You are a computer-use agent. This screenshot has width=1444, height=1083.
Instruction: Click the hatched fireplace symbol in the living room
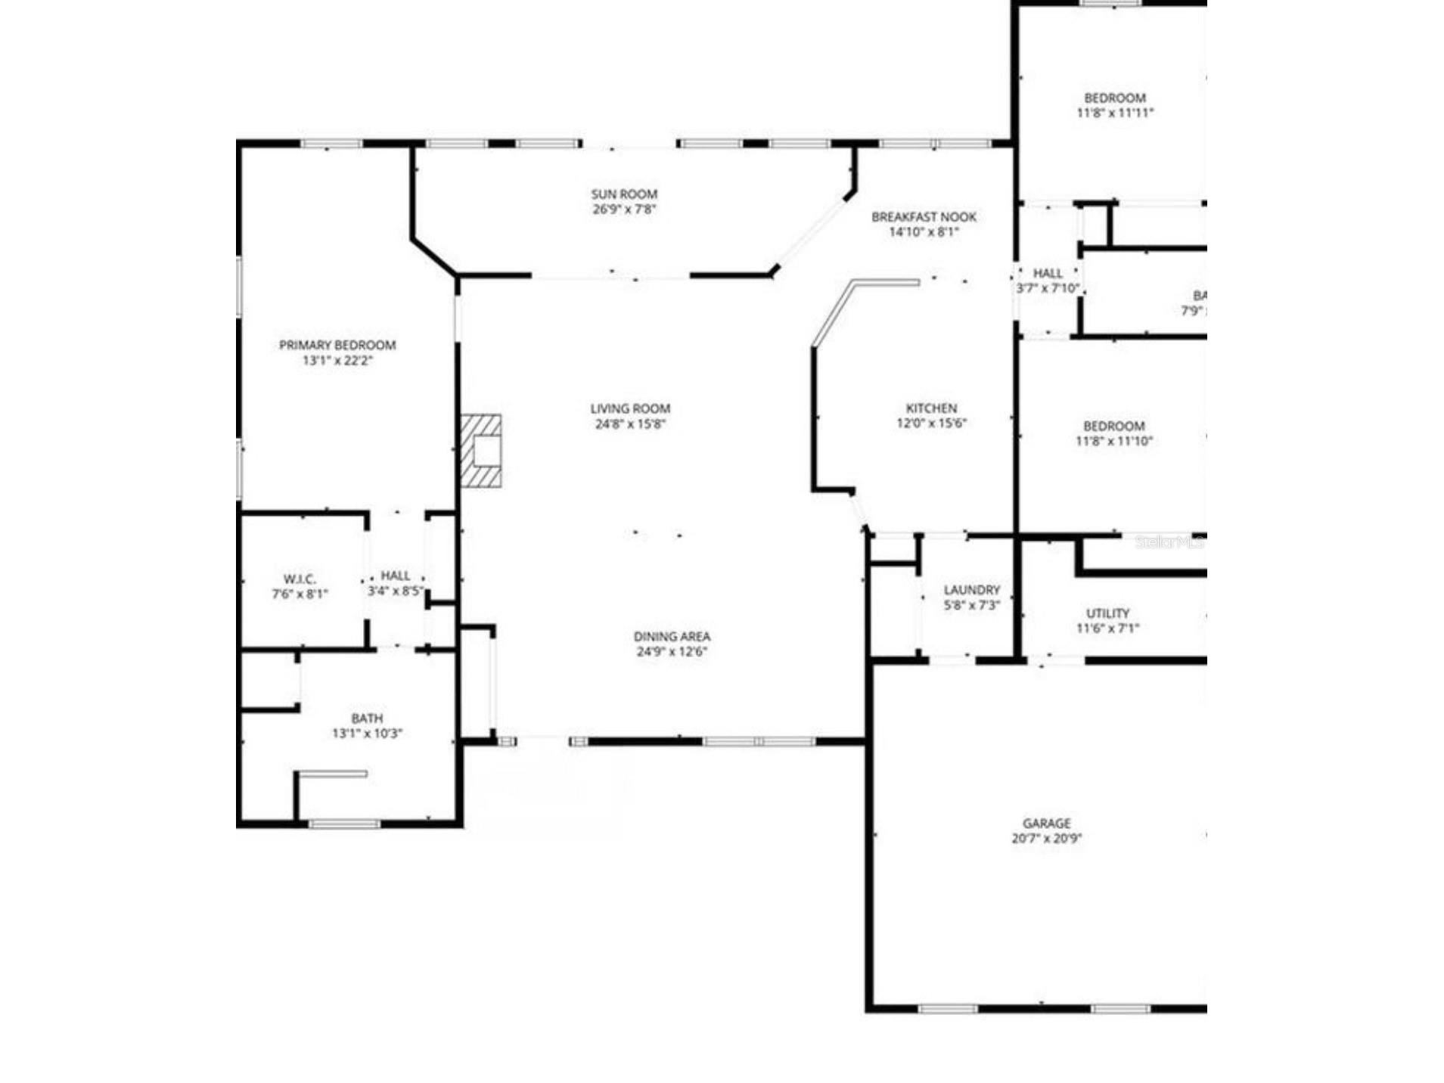click(x=481, y=450)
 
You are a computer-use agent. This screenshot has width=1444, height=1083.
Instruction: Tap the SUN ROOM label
click(x=624, y=194)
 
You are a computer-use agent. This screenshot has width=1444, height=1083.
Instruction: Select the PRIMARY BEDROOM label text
click(x=337, y=346)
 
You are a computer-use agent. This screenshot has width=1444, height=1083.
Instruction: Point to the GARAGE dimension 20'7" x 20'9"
click(x=1046, y=838)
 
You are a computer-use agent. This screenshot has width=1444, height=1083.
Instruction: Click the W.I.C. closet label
click(x=300, y=579)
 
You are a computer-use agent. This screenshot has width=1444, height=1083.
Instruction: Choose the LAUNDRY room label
click(x=971, y=590)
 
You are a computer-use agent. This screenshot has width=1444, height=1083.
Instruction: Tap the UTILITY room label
click(x=1107, y=613)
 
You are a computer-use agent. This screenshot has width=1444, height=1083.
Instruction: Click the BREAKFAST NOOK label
click(x=924, y=217)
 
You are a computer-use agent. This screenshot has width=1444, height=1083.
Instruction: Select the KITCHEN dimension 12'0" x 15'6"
click(x=931, y=424)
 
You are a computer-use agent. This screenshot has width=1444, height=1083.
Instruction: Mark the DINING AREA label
click(x=672, y=637)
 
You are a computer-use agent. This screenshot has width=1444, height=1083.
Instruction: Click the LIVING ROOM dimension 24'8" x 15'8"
click(x=630, y=424)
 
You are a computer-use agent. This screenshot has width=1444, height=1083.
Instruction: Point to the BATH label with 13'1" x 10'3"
click(x=367, y=718)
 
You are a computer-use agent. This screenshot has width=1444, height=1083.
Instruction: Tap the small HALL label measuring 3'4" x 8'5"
click(x=396, y=576)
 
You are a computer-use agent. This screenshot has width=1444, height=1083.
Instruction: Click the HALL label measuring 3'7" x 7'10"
click(x=1048, y=273)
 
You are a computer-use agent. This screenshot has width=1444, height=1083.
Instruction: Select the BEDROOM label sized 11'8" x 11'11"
click(x=1114, y=98)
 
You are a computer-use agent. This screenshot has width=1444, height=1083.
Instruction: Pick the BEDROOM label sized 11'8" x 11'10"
click(x=1113, y=427)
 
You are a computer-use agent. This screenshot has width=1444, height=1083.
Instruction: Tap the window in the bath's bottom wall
click(x=345, y=824)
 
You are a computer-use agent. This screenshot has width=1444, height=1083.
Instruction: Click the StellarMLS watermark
click(x=1169, y=542)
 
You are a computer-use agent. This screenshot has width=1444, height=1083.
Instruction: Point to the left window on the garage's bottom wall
click(x=948, y=1009)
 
